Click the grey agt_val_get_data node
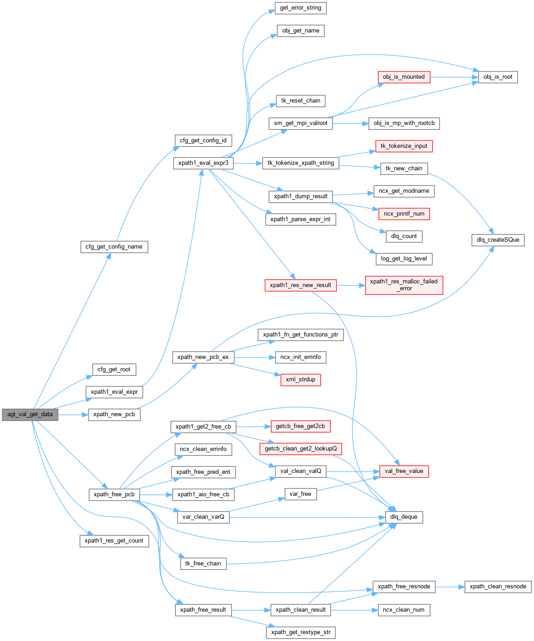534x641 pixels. [30, 414]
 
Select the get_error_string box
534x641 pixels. [300, 8]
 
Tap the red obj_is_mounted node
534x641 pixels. [404, 77]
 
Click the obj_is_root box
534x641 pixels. [498, 77]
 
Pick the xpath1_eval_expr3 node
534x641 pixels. [203, 163]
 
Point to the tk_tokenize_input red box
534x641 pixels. [404, 146]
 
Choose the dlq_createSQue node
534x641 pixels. [498, 240]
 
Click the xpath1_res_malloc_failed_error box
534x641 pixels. [404, 285]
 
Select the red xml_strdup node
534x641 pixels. [300, 380]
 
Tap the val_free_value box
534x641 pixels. [404, 471]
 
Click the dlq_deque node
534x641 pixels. [404, 517]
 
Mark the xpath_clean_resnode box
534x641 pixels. [498, 587]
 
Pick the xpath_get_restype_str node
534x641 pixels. [300, 633]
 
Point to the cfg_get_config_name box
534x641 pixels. [114, 247]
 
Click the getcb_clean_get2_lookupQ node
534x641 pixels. [300, 449]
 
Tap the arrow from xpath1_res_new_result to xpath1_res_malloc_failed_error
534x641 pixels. [351, 285]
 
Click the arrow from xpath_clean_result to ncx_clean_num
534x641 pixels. [353, 610]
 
